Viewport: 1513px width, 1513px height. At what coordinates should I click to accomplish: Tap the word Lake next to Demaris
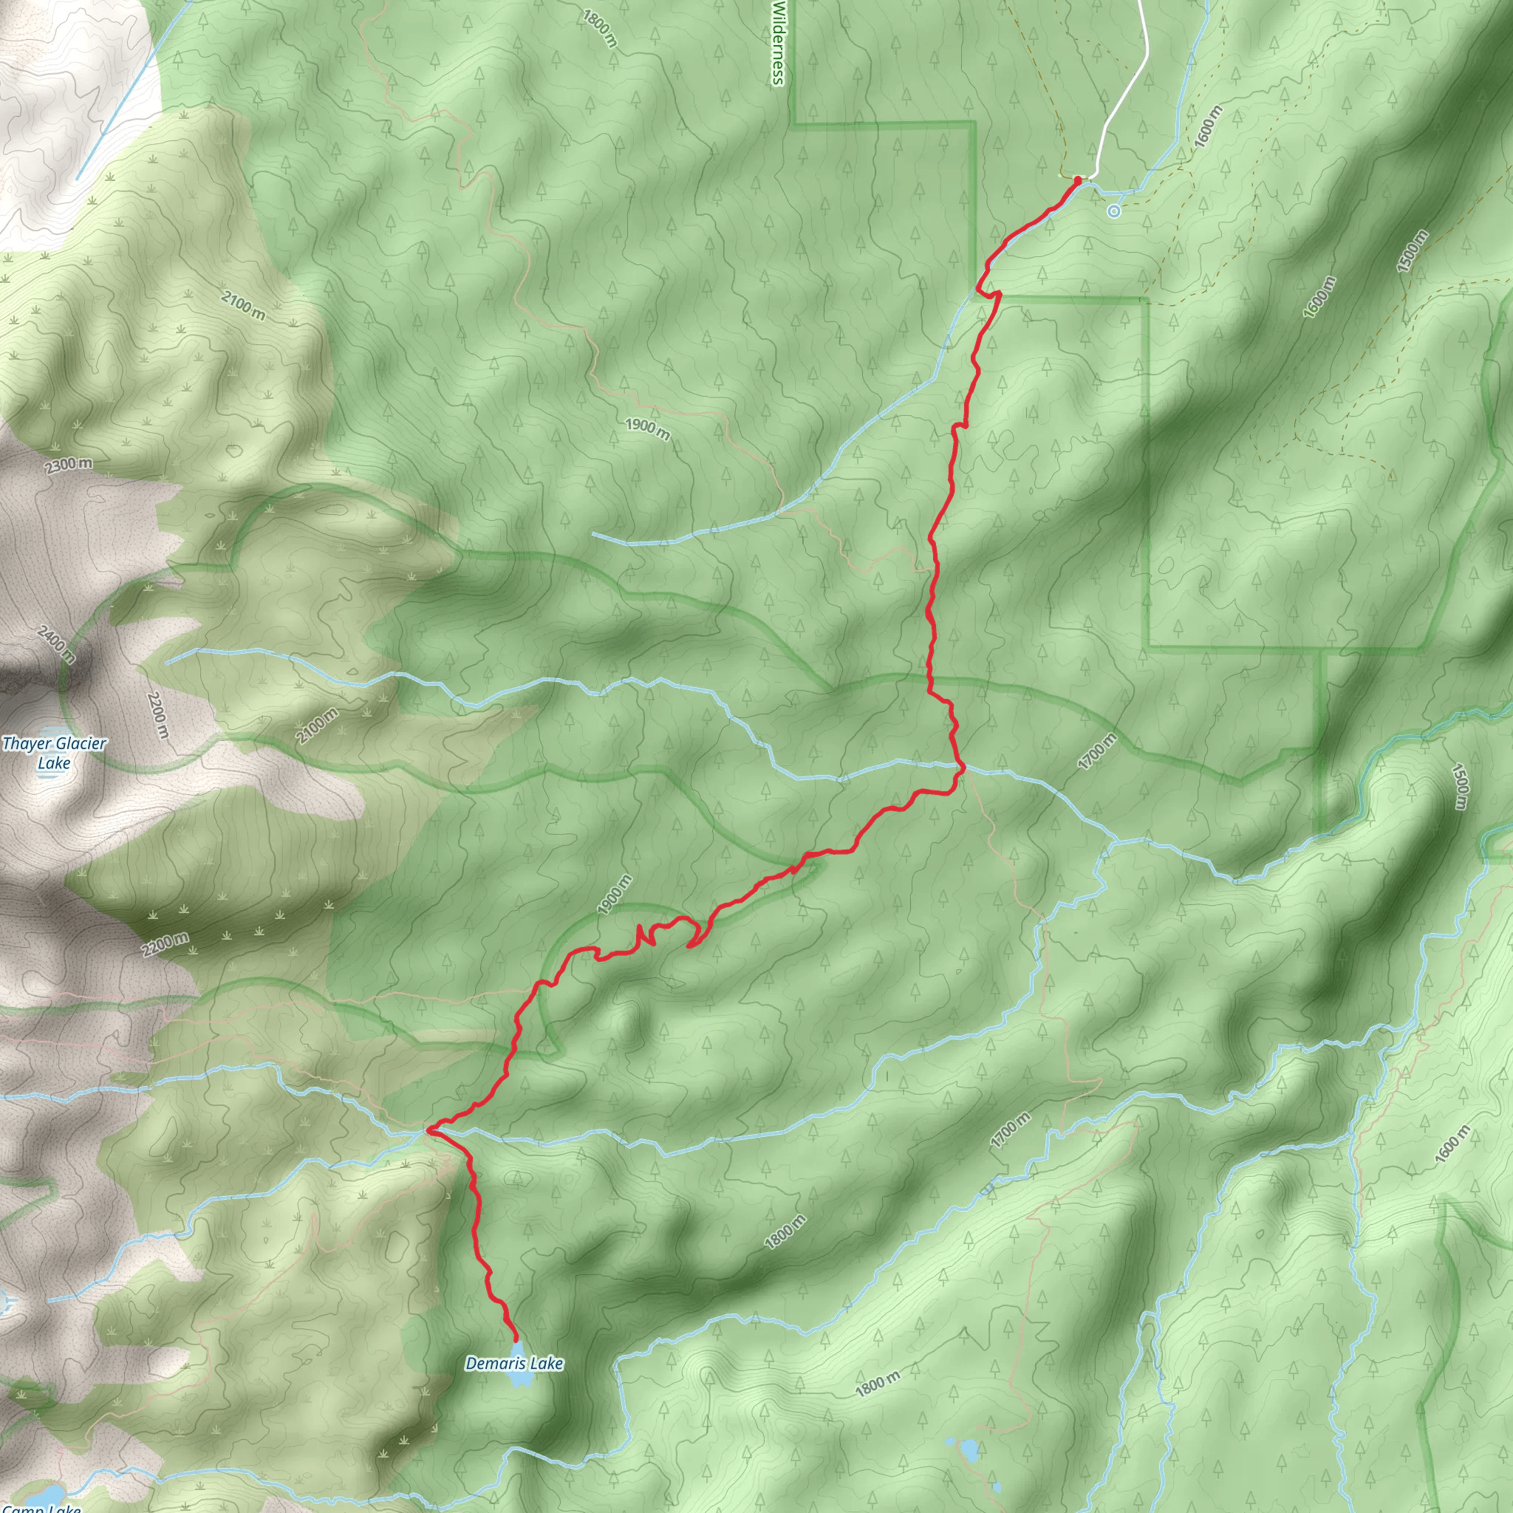tap(546, 1364)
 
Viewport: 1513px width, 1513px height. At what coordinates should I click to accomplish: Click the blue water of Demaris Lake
tap(518, 1377)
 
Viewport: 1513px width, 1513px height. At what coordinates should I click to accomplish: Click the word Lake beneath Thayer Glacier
tap(53, 762)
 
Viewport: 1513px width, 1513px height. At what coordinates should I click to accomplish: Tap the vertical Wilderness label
tap(778, 43)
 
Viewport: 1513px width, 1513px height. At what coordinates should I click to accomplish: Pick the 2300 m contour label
tap(69, 465)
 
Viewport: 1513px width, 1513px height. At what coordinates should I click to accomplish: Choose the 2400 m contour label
tap(55, 643)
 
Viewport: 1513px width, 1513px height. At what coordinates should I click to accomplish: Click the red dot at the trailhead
tap(1078, 181)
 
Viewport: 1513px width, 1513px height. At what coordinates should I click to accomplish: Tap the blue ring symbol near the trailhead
tap(1113, 211)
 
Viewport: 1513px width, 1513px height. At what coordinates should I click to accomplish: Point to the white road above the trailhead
tap(1127, 86)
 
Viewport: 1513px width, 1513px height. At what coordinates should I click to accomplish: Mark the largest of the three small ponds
tap(969, 1451)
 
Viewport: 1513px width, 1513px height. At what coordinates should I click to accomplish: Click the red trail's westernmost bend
tap(428, 1130)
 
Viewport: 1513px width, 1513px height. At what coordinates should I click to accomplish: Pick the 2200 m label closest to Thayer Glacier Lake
tap(157, 714)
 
